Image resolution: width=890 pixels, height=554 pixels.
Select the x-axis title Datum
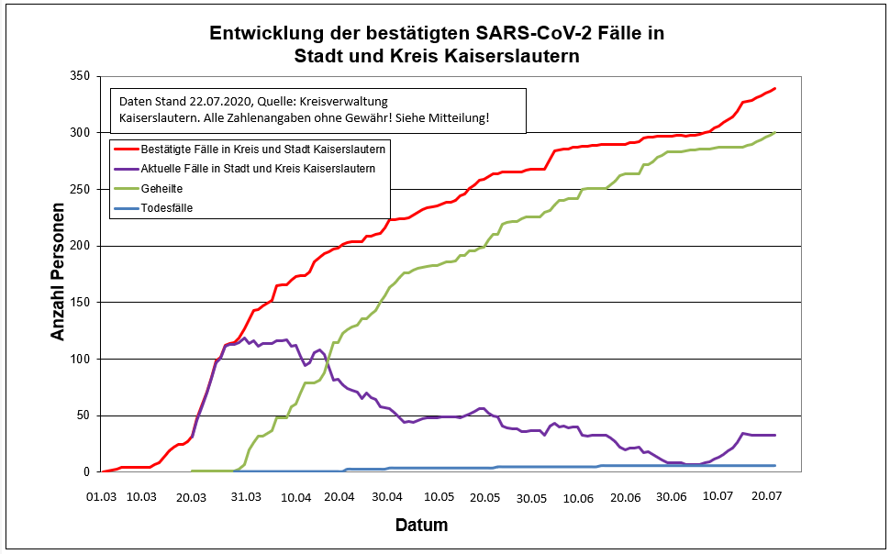tap(421, 526)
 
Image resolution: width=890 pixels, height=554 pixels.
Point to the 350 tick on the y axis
tap(83, 76)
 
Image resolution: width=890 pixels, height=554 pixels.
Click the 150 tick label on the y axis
tap(83, 303)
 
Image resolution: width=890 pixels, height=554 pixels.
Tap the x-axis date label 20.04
tap(339, 497)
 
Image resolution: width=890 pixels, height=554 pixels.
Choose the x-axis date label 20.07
tap(769, 497)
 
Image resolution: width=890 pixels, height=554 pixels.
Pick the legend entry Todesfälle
tap(167, 208)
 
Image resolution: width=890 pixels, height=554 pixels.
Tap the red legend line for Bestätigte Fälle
tap(125, 148)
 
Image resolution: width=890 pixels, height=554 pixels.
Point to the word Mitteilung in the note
tap(456, 118)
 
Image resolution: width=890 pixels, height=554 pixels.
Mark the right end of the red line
tap(775, 88)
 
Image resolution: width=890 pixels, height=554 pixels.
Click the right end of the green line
tap(775, 133)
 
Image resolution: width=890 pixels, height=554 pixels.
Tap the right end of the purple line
tap(775, 435)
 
